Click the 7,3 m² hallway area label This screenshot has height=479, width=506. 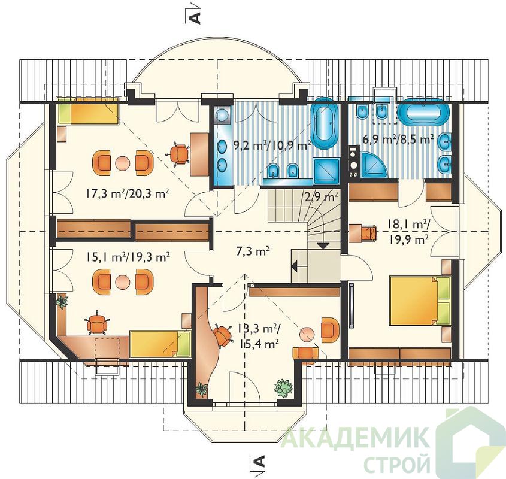coord(253,251)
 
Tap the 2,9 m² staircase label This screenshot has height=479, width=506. coord(322,196)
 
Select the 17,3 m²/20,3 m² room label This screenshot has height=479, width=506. coord(128,194)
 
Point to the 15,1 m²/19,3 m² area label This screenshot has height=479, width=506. coord(128,257)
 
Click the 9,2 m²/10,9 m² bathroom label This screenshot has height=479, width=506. coord(272,146)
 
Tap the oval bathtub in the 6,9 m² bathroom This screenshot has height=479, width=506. coord(423,113)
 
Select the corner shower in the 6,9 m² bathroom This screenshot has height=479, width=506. coord(374,165)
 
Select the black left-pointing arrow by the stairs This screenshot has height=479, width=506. coord(294,266)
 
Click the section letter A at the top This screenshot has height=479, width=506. coord(196,18)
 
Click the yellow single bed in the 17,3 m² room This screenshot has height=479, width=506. coord(88,110)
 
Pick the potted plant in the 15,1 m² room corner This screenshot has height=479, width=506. coord(61,302)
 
